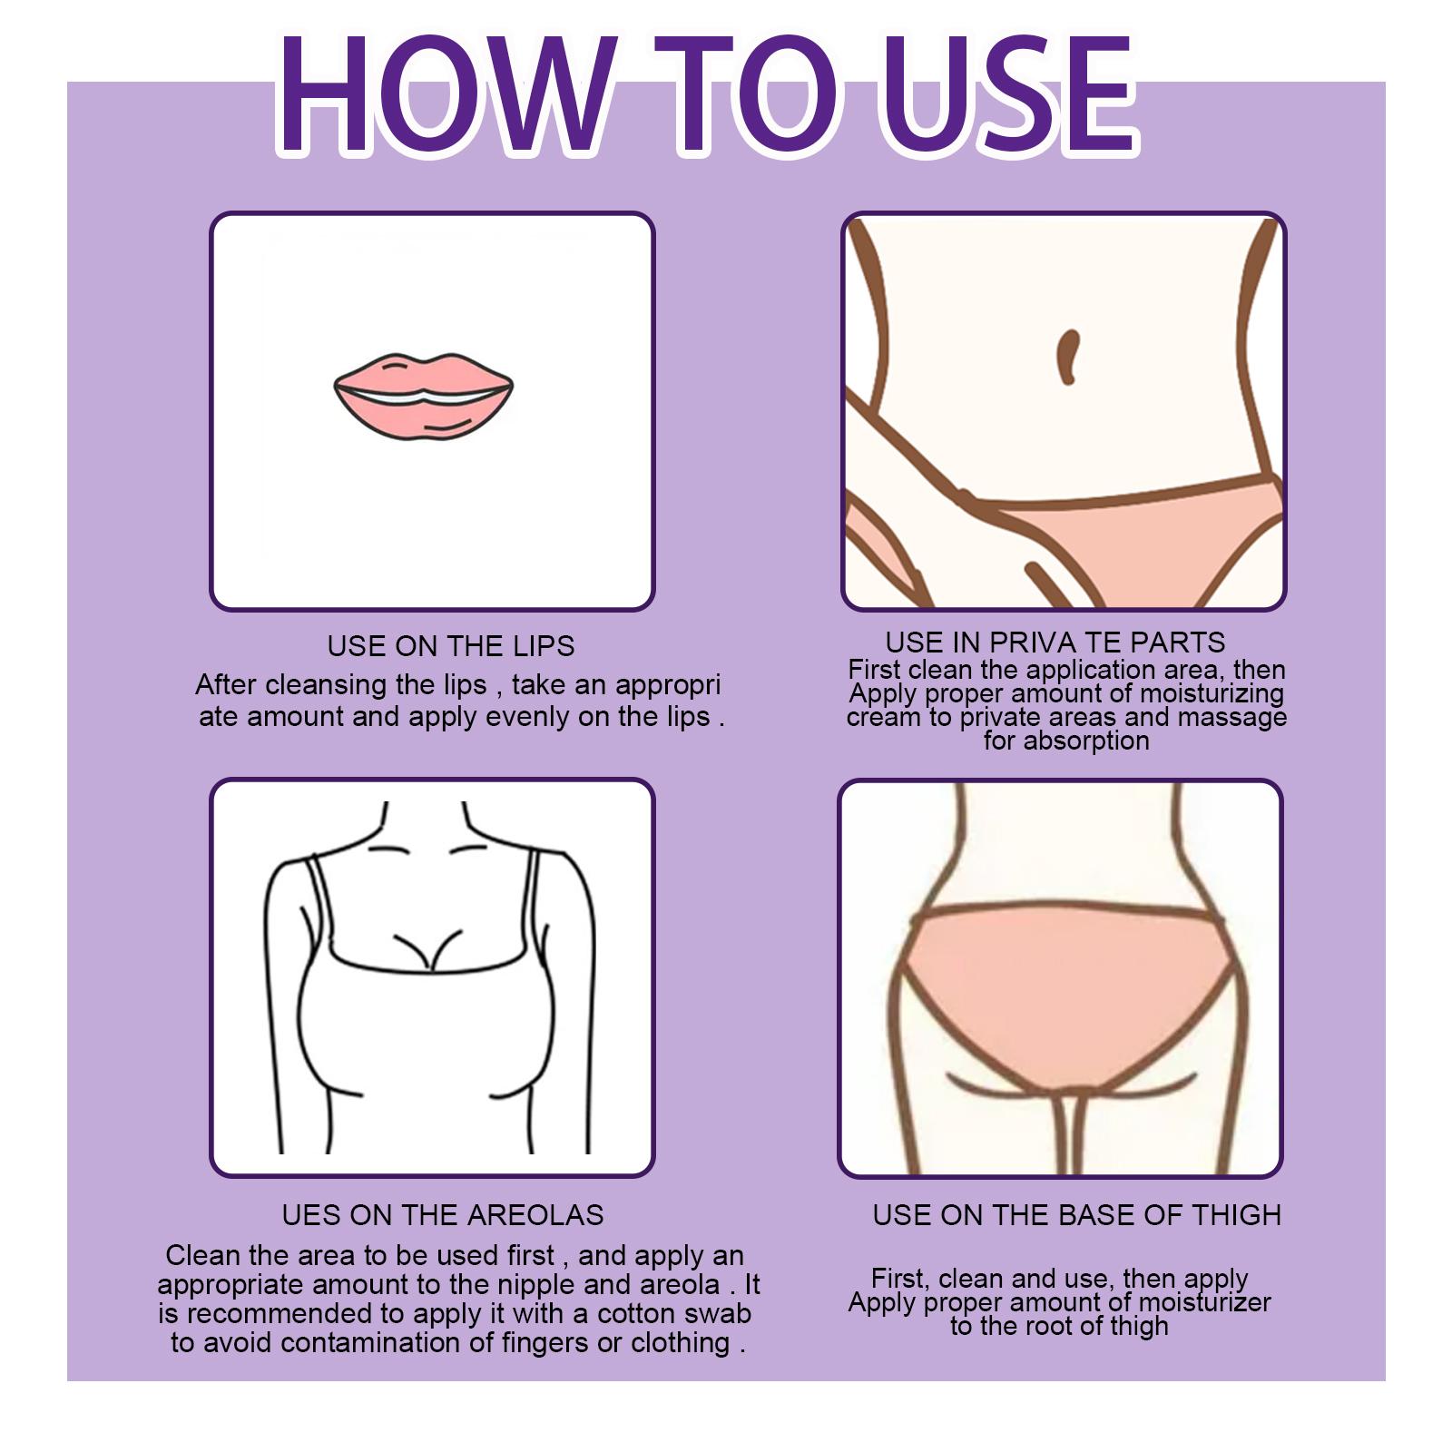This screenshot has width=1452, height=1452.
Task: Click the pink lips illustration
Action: tap(423, 396)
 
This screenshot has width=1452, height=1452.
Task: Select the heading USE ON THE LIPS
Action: tap(451, 646)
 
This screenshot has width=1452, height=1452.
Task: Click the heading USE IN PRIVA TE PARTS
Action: tap(1055, 643)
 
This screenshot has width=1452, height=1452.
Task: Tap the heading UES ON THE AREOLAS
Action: tap(443, 1215)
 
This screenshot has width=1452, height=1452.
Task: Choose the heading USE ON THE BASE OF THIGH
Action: tap(1077, 1215)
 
